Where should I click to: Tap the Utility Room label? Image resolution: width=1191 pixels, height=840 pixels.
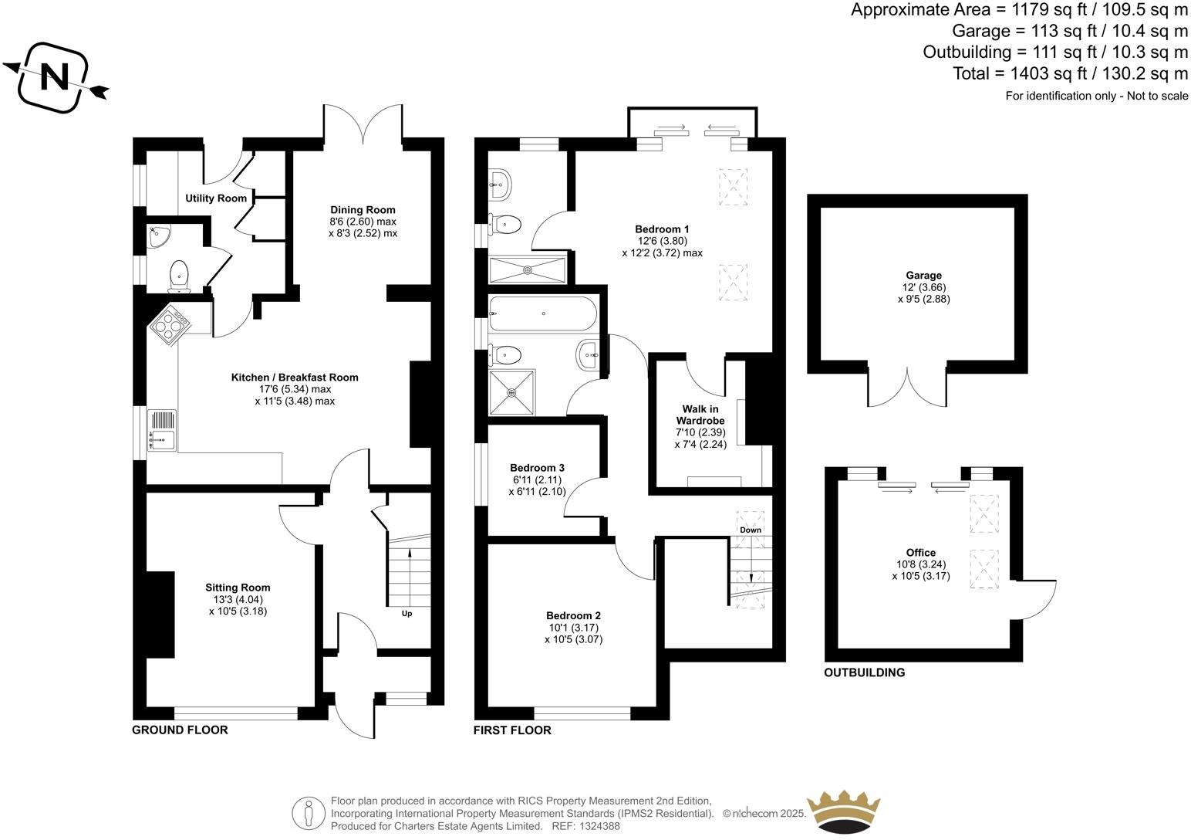216,198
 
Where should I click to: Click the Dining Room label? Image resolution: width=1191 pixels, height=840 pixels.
363,210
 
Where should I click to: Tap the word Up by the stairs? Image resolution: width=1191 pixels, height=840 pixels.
407,614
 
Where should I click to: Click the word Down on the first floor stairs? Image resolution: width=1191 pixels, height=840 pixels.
751,530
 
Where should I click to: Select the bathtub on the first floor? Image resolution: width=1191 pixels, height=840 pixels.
542,314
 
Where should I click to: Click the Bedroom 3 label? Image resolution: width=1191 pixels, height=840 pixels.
537,468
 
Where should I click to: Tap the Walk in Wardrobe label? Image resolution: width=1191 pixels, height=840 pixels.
700,415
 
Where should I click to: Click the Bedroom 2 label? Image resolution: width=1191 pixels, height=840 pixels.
573,615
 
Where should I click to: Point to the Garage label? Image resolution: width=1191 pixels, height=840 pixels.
923,275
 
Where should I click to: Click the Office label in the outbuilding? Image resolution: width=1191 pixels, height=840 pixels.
921,552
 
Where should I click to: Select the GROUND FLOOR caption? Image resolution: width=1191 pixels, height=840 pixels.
180,730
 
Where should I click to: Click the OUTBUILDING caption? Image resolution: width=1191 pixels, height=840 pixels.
864,672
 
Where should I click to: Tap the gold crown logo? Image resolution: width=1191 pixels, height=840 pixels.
843,810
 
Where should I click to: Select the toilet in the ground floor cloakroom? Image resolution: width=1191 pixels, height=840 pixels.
179,276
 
